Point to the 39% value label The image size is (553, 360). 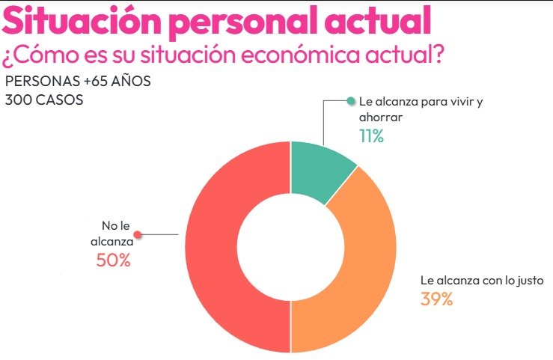437,299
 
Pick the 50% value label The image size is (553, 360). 113,260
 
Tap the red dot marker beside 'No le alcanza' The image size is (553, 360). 136,234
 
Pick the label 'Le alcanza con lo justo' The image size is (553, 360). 476,281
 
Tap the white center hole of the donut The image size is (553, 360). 290,247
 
